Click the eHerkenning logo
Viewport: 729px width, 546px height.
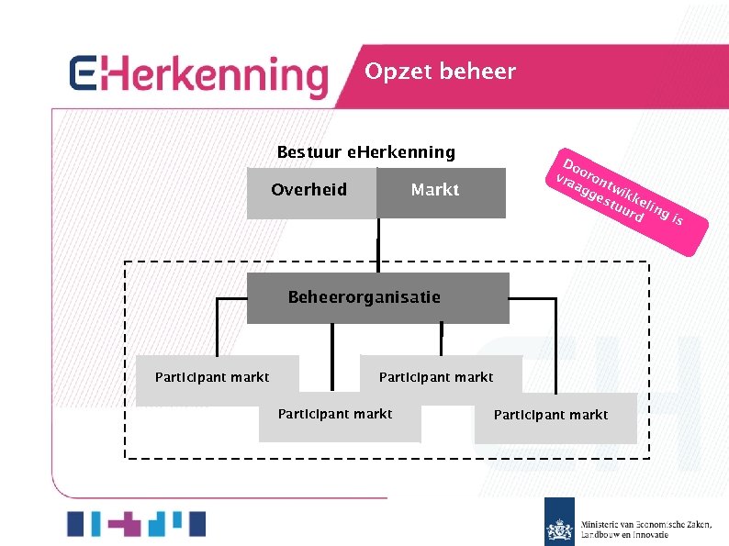[198, 76]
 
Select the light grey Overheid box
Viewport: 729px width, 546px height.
[311, 192]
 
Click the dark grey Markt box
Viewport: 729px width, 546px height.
[441, 192]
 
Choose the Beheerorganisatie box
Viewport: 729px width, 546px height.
[377, 298]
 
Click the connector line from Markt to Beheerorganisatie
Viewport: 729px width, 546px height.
[376, 245]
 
